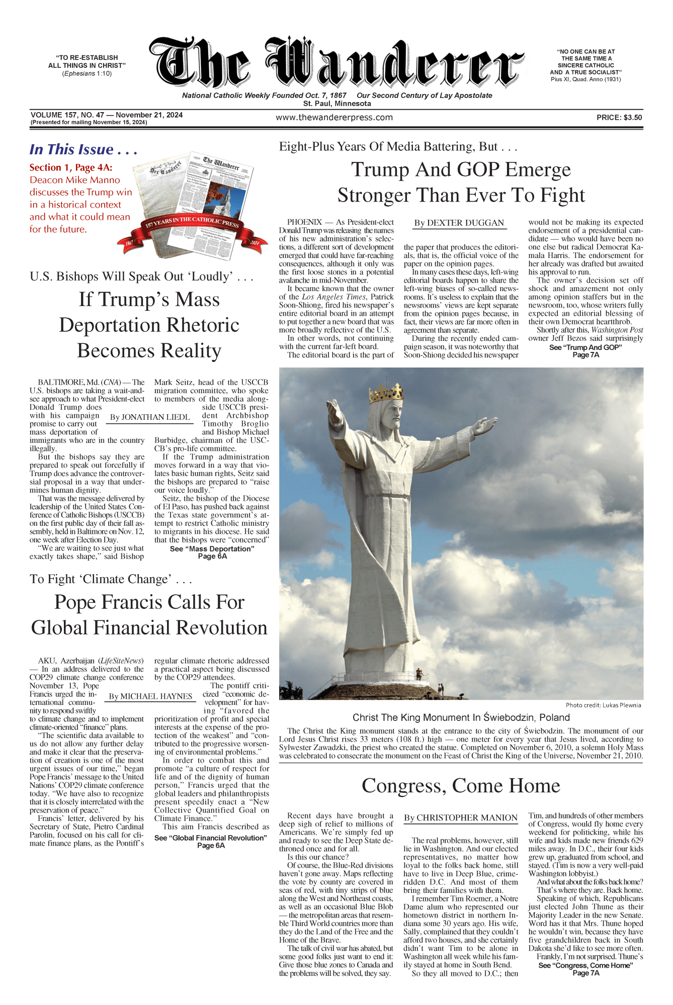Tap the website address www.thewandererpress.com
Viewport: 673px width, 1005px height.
[334, 118]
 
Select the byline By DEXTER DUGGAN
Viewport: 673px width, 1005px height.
[459, 223]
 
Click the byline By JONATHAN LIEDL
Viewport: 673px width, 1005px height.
[150, 417]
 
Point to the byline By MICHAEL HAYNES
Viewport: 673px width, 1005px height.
[150, 696]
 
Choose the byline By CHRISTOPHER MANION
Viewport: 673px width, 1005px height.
[460, 818]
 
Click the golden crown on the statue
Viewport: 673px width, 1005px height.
[386, 393]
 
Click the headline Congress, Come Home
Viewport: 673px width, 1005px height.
[461, 786]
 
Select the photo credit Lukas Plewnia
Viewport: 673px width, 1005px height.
[603, 705]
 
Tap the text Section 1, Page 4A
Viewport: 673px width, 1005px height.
[71, 167]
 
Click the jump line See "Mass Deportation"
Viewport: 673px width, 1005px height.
[212, 549]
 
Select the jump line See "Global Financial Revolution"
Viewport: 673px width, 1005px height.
[210, 838]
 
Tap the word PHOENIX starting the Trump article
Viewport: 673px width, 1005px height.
[304, 222]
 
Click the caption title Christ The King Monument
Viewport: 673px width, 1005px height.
[461, 717]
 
